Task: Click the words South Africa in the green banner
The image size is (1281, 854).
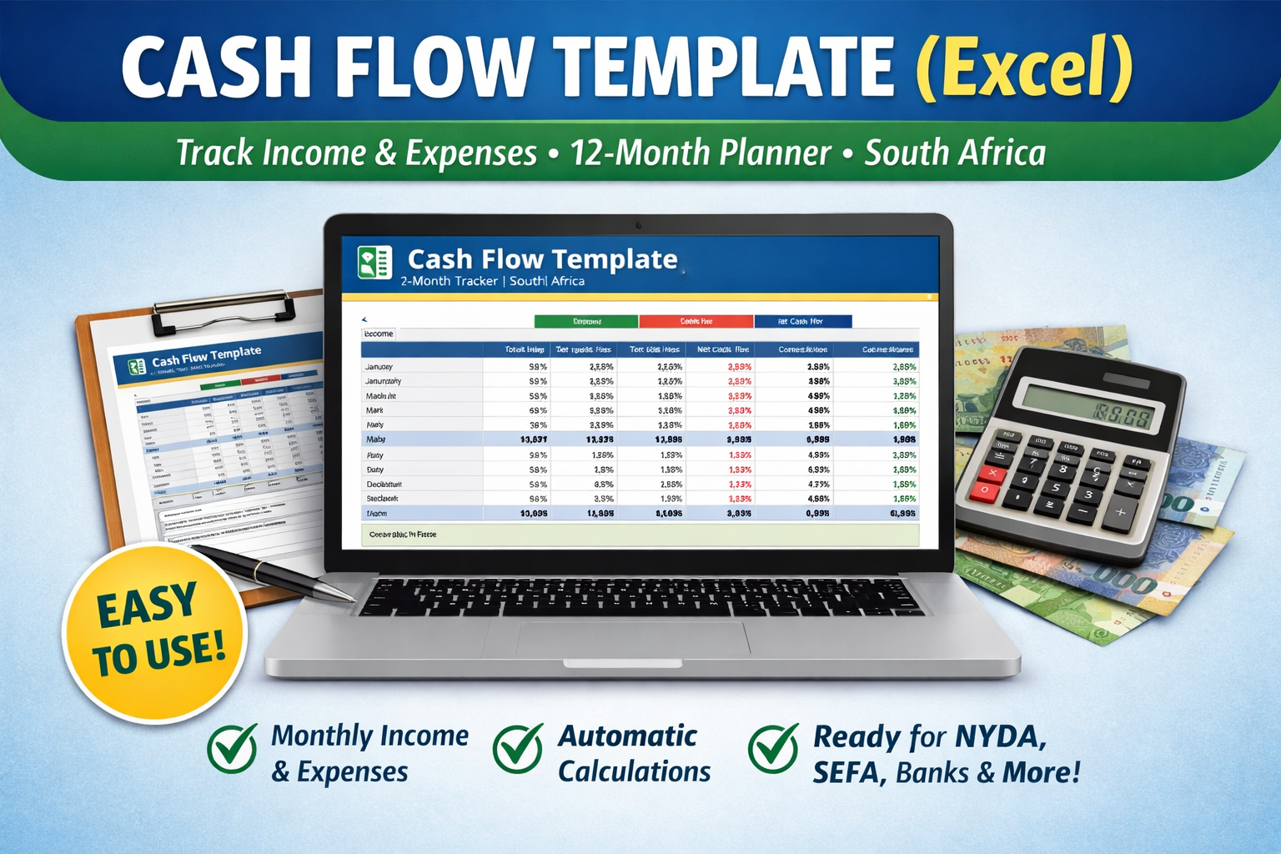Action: pos(955,153)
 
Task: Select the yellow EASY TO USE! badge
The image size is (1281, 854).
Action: pos(155,631)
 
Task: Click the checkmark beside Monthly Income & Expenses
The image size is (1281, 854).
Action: pos(232,747)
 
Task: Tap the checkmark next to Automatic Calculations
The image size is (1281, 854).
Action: pos(518,747)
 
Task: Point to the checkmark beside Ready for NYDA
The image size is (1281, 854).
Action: pos(773,747)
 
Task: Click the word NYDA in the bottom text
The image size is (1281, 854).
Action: pos(999,737)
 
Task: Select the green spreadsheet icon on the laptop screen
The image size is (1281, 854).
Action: pos(374,263)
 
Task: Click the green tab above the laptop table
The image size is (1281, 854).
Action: pos(586,321)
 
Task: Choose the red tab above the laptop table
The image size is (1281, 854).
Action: pos(696,321)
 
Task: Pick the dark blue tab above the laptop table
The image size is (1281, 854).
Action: pos(802,321)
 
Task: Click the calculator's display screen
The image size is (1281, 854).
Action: pos(1088,406)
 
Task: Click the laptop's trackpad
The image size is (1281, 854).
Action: pos(632,638)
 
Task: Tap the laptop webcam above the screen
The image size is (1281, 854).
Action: pos(639,225)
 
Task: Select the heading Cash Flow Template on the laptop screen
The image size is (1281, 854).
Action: pos(542,259)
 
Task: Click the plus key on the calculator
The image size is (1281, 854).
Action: pos(1120,512)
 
